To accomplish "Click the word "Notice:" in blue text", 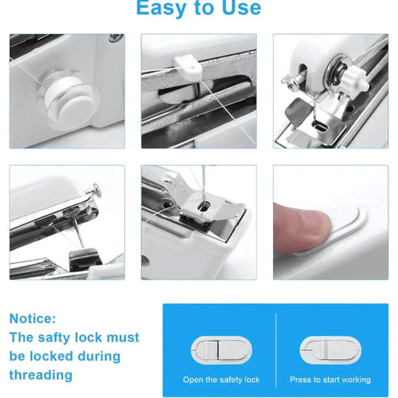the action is (x=33, y=319).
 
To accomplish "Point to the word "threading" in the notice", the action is (x=41, y=375).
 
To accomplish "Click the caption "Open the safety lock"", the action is (x=221, y=379).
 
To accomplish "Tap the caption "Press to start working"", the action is (x=330, y=379).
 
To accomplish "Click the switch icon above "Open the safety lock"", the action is (x=221, y=350).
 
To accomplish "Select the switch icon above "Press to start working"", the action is (x=330, y=350).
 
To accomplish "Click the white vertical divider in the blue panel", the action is (x=276, y=350).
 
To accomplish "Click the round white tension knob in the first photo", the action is (x=69, y=100).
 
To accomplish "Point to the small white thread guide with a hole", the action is (x=188, y=68).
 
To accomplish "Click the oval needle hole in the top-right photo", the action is (x=320, y=126).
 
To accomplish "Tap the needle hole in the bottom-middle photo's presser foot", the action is (x=203, y=207).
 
